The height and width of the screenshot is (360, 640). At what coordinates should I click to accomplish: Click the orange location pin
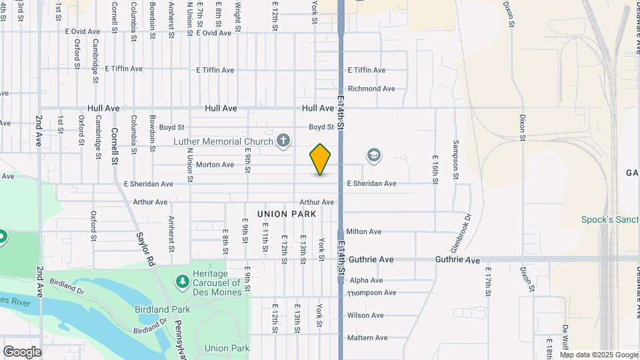[320, 159]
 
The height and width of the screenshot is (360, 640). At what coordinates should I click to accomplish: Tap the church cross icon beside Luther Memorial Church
[284, 141]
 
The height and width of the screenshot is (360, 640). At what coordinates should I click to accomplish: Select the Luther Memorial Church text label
[223, 141]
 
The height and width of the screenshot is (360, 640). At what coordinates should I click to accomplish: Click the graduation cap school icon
[374, 156]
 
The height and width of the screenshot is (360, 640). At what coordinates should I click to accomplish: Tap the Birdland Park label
[163, 309]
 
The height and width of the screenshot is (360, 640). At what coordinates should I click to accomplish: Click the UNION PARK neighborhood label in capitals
[285, 214]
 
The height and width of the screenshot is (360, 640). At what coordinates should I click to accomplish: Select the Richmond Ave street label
[371, 89]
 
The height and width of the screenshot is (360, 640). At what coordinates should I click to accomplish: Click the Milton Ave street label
[363, 231]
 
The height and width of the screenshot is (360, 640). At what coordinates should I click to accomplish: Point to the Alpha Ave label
[366, 281]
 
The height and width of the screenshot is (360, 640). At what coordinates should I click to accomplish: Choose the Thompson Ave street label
[371, 293]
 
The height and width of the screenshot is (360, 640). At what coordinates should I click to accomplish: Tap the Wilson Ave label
[365, 315]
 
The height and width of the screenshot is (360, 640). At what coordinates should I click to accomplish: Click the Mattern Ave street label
[367, 338]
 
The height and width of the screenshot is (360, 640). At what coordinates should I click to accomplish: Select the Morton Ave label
[215, 165]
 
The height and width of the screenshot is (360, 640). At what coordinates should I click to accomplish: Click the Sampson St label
[457, 159]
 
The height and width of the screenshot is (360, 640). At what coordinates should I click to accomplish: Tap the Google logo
[22, 352]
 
